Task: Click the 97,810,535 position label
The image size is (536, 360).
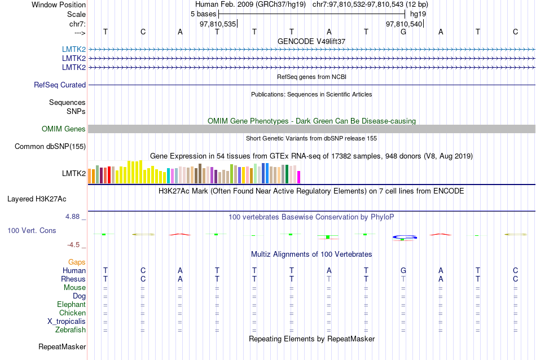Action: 218,24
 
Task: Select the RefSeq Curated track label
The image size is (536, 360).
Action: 60,85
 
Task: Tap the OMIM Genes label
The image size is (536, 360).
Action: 64,129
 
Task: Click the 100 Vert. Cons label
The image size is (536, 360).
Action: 32,231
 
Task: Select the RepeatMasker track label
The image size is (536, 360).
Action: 61,346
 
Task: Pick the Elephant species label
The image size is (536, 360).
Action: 71,305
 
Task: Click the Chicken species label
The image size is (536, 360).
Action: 72,313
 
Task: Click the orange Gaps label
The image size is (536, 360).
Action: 77,262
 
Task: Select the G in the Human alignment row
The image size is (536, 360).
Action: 403,271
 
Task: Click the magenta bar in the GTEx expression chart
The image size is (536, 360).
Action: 299,177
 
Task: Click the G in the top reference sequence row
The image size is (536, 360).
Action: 403,32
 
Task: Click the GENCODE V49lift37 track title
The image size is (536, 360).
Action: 311,42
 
